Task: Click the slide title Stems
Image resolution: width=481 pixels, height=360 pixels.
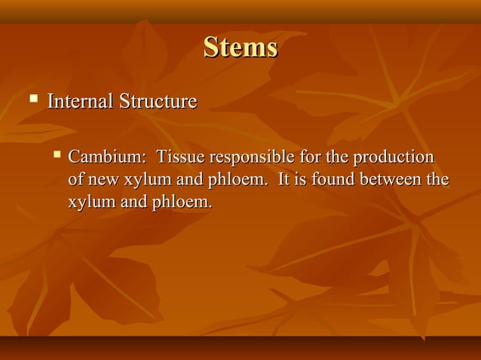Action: coord(240,48)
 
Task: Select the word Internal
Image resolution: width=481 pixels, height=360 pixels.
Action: coord(79,101)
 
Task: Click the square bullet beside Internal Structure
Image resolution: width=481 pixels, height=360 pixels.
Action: coord(33,99)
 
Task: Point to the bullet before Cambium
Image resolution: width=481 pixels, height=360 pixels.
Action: coord(57,156)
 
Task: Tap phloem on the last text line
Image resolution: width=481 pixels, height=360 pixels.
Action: coord(183,203)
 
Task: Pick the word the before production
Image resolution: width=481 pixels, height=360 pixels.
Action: coord(331,158)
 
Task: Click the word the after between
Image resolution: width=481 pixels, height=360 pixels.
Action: coord(438,181)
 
